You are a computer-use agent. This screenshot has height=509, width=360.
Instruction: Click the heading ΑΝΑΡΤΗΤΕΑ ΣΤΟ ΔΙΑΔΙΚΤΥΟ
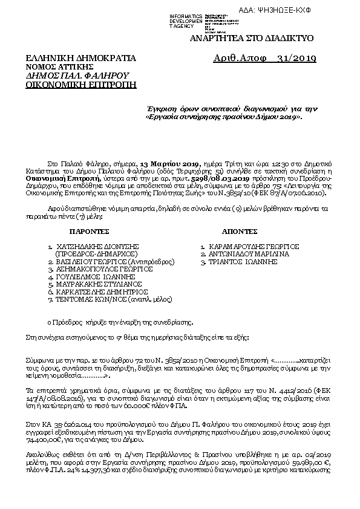coord(252,38)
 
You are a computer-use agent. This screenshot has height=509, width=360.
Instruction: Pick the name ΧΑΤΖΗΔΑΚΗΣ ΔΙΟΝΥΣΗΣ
coord(97,247)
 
